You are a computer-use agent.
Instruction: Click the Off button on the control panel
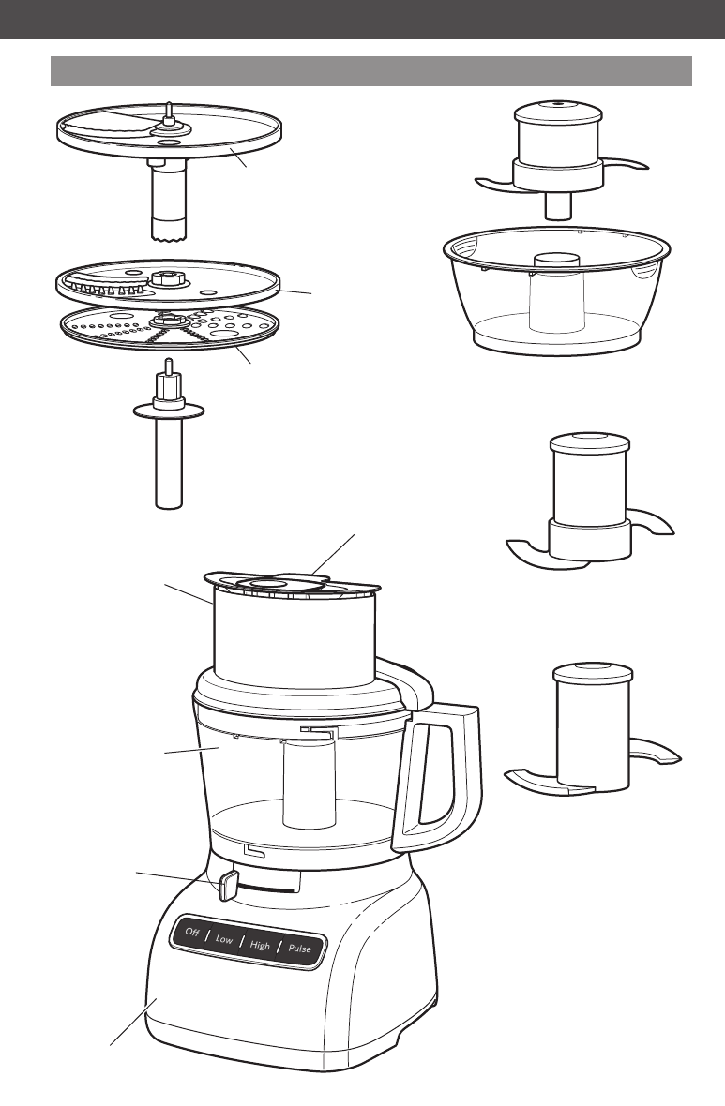point(192,932)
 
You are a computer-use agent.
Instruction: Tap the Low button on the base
point(224,939)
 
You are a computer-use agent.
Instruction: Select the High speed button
point(260,945)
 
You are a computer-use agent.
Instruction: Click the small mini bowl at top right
point(556,290)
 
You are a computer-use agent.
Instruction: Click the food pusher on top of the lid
point(282,583)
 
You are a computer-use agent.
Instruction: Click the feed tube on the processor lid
point(294,635)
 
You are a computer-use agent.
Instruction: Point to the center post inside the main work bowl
point(310,783)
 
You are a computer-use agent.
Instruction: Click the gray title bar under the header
point(371,71)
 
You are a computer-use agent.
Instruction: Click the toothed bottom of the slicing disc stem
point(170,232)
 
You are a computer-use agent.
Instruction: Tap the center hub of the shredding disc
point(168,321)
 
